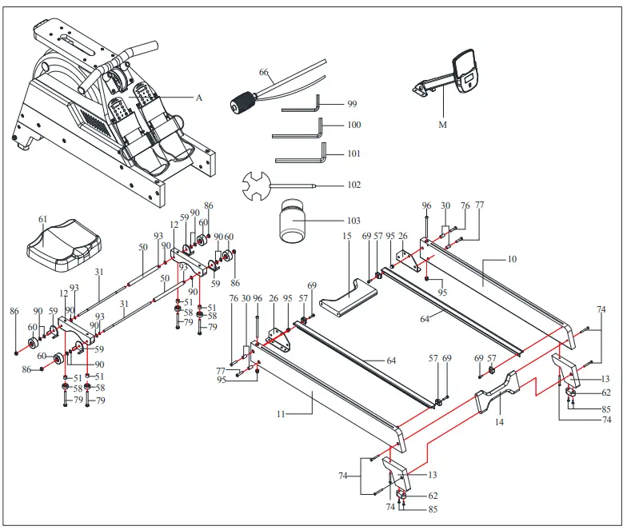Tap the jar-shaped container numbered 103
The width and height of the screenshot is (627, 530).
coord(292,222)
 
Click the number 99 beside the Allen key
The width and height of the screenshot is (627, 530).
coord(352,105)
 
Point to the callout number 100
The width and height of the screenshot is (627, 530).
coord(353,126)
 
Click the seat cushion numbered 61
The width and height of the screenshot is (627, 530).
coord(64,243)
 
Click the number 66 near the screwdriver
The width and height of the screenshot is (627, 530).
coord(263,72)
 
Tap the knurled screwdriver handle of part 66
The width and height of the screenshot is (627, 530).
coord(242,102)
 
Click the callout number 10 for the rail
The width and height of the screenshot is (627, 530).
coord(513,260)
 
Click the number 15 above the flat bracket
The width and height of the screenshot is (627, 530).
coord(347,237)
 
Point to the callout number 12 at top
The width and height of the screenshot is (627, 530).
coord(174,225)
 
